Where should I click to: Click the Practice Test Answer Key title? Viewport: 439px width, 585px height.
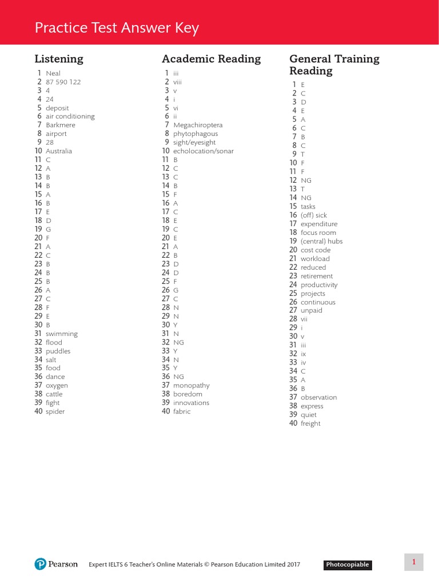(x=117, y=29)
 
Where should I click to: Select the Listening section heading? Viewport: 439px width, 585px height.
(x=59, y=59)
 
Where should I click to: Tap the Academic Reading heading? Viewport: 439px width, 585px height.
(x=211, y=59)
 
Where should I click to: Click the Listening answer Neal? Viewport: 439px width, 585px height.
(x=53, y=73)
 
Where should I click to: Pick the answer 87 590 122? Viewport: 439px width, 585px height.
(x=63, y=82)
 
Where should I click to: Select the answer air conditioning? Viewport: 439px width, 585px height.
(x=70, y=117)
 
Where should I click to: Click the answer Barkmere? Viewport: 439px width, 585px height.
(x=61, y=125)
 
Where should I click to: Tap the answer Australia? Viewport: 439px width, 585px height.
(x=59, y=151)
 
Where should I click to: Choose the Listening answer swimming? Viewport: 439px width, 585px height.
(x=62, y=334)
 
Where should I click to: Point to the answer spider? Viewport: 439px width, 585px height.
(x=55, y=412)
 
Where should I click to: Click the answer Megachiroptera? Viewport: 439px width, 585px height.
(x=198, y=125)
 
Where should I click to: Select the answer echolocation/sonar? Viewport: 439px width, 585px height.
(x=203, y=151)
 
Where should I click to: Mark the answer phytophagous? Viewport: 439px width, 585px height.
(x=195, y=134)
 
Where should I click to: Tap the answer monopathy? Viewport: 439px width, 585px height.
(x=191, y=386)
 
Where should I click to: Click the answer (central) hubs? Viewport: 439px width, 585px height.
(x=322, y=242)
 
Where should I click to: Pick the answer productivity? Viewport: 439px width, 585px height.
(x=319, y=285)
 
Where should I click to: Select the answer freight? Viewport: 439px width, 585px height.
(x=310, y=424)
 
